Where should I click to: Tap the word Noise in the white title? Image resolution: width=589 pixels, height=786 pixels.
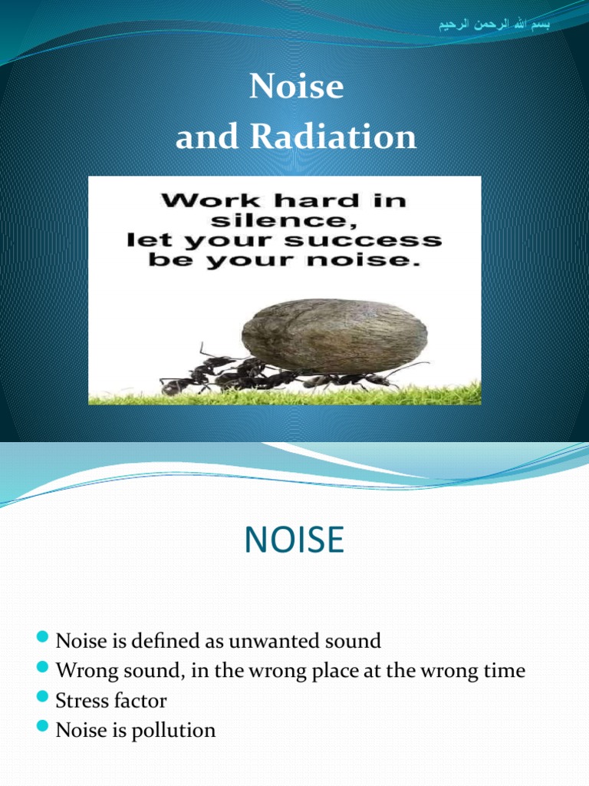click(x=296, y=87)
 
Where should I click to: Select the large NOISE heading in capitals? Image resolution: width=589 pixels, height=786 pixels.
click(x=294, y=539)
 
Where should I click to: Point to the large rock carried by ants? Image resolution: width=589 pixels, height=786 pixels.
click(x=334, y=335)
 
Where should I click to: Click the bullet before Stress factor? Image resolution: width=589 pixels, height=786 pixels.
click(x=43, y=698)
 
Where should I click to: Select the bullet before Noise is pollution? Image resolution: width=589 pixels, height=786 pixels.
click(x=43, y=728)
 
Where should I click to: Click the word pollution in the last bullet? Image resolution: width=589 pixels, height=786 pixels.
click(x=174, y=730)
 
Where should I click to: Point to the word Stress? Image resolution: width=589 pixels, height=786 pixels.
click(x=79, y=700)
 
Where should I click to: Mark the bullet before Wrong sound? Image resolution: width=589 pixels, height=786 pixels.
click(x=43, y=669)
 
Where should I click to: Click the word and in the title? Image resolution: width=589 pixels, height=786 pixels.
click(x=199, y=137)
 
